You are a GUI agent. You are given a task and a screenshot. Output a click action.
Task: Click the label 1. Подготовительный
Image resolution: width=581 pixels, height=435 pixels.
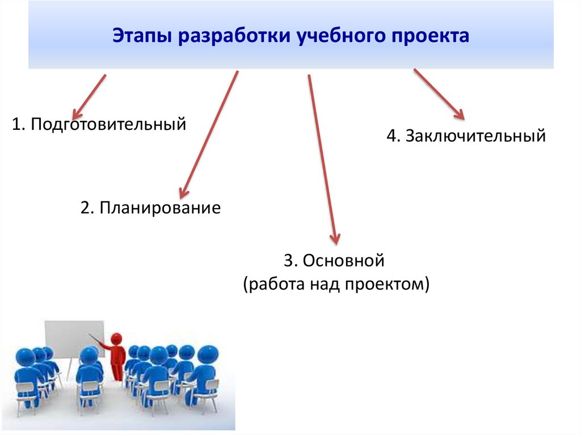tap(99, 124)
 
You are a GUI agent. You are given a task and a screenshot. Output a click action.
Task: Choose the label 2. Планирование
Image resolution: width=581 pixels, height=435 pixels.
tap(150, 208)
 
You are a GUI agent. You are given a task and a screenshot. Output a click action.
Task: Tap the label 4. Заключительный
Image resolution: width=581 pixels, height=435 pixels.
tap(466, 136)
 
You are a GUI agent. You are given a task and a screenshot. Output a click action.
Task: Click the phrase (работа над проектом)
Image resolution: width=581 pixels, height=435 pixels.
tap(336, 284)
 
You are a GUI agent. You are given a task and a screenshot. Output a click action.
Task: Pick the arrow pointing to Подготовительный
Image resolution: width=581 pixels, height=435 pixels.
tap(90, 94)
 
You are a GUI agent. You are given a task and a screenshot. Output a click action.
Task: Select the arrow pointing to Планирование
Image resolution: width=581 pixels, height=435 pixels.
tap(208, 134)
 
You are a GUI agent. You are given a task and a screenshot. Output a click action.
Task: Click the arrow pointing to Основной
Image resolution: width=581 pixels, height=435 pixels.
tap(322, 159)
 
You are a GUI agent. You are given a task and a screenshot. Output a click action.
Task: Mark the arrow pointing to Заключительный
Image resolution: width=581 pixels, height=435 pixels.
tap(439, 94)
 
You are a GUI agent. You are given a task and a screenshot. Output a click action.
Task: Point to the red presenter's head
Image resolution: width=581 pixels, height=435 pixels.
tap(117, 339)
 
